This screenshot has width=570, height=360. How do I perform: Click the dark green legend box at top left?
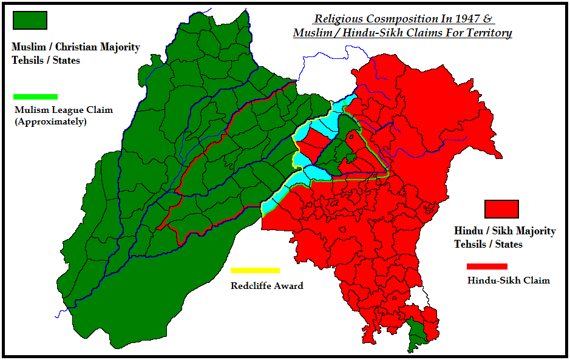(x=30, y=20)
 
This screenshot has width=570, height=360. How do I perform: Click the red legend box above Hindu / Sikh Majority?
(x=501, y=209)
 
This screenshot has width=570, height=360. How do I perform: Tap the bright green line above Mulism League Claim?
(x=36, y=97)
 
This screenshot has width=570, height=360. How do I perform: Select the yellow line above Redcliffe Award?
(x=255, y=270)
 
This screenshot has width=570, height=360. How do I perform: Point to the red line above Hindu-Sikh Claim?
(x=487, y=267)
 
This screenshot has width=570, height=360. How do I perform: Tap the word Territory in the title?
(x=489, y=33)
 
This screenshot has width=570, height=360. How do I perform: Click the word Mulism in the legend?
(x=30, y=110)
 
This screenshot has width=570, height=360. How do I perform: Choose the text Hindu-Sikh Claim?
(x=508, y=280)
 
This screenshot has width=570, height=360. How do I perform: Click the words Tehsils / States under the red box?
(x=488, y=244)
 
